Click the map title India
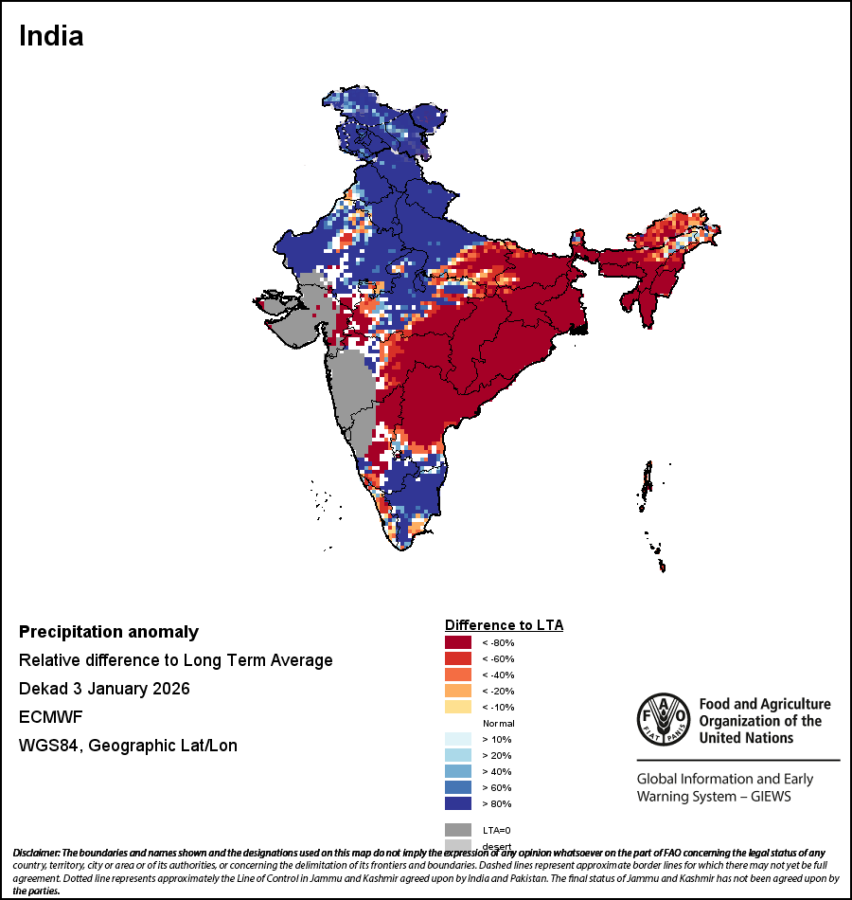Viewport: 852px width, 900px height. [51, 36]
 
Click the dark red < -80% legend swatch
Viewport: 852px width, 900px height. [457, 642]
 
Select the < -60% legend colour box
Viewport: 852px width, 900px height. [457, 658]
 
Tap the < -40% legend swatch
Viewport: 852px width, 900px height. [457, 675]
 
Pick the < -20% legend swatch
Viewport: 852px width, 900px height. [457, 691]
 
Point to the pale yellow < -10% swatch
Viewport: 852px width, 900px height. [457, 707]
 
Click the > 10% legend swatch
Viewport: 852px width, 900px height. [457, 739]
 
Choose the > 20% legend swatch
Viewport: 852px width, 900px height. [457, 755]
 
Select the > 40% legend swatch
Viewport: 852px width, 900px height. [457, 771]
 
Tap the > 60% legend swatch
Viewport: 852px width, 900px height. [457, 787]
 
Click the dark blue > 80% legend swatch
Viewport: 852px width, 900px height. [457, 803]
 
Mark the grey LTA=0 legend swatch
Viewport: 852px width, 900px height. [457, 829]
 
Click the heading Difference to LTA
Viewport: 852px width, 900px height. [504, 625]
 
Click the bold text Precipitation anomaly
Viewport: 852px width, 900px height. [109, 632]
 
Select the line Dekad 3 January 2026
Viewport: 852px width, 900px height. [104, 689]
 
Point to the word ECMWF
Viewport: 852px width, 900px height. [50, 717]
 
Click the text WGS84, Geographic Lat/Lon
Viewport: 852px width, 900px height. [128, 746]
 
